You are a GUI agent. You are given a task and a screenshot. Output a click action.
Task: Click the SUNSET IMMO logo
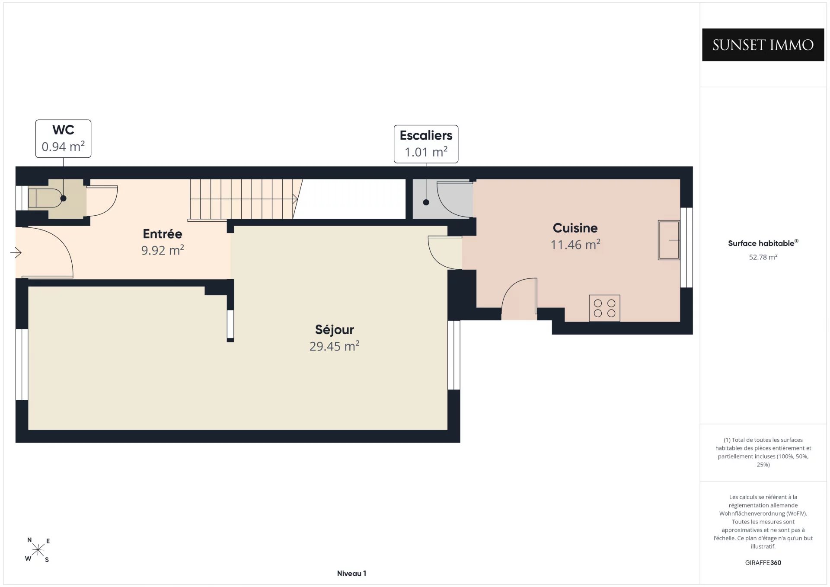point(763,45)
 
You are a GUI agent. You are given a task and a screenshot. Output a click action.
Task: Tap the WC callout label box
point(63,139)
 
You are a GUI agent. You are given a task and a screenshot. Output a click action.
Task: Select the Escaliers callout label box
point(426,144)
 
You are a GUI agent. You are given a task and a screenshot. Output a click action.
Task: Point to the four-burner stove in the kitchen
point(604,308)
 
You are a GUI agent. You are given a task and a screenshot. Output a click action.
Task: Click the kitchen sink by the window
point(669,240)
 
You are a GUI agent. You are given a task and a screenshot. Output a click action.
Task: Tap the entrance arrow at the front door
point(16,252)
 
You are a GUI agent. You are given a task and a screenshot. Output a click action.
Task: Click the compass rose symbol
point(38,550)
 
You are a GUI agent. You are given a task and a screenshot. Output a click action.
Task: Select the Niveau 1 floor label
point(351,573)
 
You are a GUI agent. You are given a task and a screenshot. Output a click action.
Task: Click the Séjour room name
point(334,329)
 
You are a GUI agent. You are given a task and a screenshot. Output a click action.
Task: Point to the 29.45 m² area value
point(334,346)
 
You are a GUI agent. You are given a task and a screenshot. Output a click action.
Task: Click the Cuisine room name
point(575,228)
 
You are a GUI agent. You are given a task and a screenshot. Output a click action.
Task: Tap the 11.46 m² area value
point(575,245)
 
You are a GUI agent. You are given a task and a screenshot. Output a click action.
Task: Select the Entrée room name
point(163,234)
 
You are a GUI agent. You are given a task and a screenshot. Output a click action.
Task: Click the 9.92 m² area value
point(163,250)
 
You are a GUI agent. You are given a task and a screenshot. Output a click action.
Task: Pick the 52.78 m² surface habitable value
point(763,257)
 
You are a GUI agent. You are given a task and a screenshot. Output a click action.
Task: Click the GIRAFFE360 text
point(763,562)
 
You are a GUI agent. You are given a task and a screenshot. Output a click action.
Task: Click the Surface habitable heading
point(763,243)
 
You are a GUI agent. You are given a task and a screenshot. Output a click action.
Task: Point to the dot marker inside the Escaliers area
point(426,202)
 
